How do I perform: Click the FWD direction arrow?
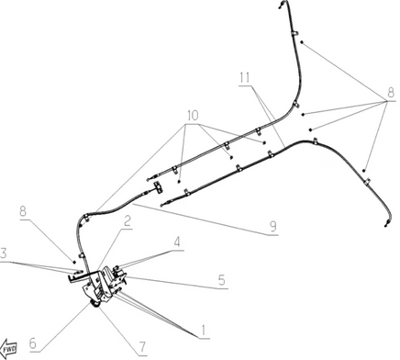(8, 348)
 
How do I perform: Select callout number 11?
(245, 78)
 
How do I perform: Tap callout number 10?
(193, 116)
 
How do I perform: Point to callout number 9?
(273, 226)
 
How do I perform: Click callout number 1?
(203, 331)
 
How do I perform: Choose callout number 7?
(142, 347)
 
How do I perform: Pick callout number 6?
(33, 343)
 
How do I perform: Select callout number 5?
(221, 280)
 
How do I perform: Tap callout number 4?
(177, 242)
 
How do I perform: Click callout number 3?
(4, 253)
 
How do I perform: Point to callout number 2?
(128, 220)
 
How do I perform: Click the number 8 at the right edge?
(391, 92)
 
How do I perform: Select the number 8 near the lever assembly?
(23, 211)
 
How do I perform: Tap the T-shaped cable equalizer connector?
(158, 187)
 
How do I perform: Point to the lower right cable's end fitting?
(387, 224)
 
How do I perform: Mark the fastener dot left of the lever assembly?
(74, 262)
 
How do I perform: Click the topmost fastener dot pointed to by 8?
(302, 42)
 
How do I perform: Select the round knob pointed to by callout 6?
(94, 304)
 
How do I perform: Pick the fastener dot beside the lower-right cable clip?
(364, 171)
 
